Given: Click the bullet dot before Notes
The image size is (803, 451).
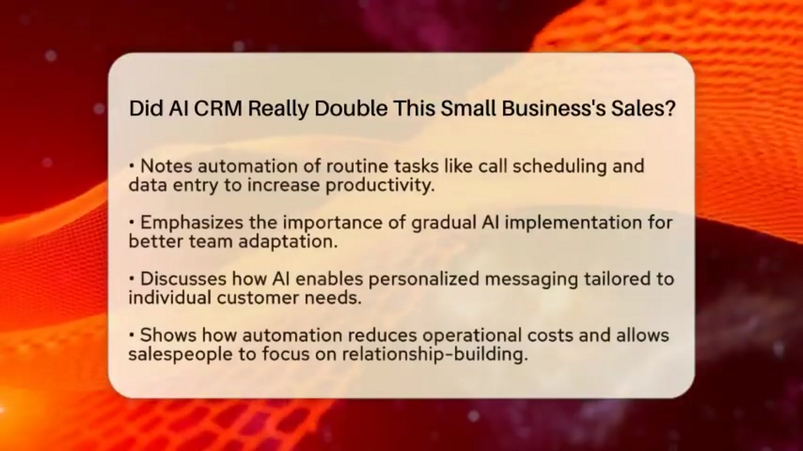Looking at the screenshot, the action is tap(132, 166).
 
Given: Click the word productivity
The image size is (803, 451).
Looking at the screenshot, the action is tap(380, 185).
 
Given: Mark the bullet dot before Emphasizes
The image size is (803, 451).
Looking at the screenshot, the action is tap(132, 222).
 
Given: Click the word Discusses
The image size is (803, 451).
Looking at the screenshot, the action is tap(184, 279).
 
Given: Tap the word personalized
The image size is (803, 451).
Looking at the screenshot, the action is tap(424, 279).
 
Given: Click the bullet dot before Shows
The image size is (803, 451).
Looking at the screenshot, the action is tap(132, 335).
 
